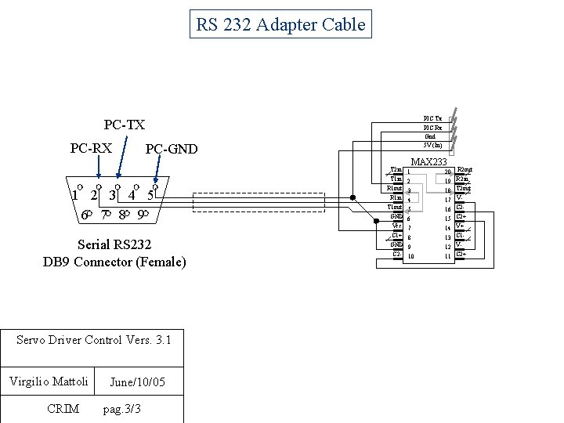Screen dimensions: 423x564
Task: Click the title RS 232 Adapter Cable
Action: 280,24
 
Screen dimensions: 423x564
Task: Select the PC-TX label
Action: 125,125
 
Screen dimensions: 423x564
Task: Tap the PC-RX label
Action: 91,147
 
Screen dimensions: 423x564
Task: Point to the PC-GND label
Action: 172,149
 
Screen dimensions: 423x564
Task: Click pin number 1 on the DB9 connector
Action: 74,194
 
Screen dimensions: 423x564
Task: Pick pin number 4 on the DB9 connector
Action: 132,194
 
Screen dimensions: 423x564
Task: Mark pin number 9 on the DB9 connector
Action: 140,214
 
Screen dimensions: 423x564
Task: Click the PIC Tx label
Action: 432,118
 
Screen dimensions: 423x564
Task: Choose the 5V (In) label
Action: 432,145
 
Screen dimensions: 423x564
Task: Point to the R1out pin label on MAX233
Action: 395,188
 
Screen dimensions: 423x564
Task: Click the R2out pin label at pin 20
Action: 464,170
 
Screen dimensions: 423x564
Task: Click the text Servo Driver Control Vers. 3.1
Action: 93,340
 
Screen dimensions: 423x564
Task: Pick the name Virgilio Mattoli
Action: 49,381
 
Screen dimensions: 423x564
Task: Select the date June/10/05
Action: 137,382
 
